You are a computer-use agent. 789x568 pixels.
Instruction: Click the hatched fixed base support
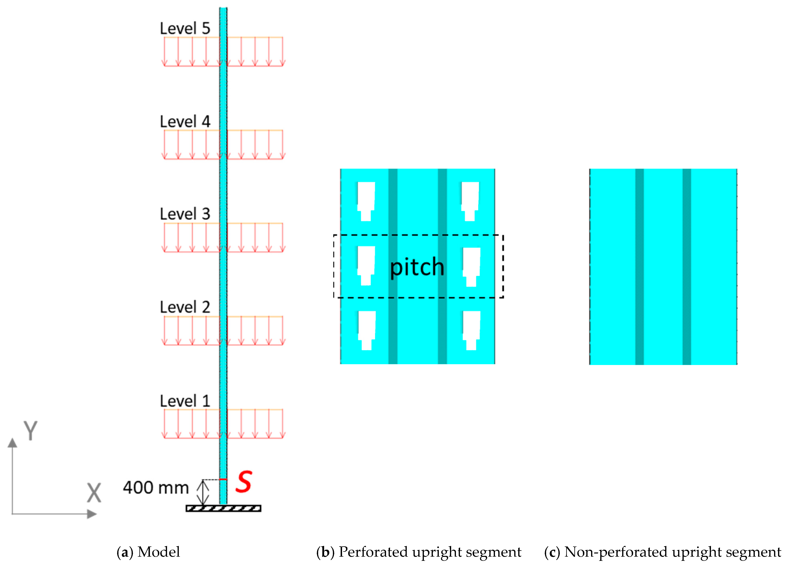pos(223,508)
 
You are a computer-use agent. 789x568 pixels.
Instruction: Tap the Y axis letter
pos(30,431)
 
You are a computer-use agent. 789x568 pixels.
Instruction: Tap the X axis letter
pos(94,493)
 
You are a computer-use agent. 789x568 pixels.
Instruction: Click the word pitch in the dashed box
pos(417,267)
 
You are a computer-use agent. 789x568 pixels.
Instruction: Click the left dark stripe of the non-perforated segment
pos(639,267)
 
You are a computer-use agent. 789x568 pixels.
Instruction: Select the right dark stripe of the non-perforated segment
pos(687,267)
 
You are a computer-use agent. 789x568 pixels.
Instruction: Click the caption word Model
pos(159,552)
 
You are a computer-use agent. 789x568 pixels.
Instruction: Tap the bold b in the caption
pos(325,552)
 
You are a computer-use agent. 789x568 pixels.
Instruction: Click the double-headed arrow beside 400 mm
pos(203,492)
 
